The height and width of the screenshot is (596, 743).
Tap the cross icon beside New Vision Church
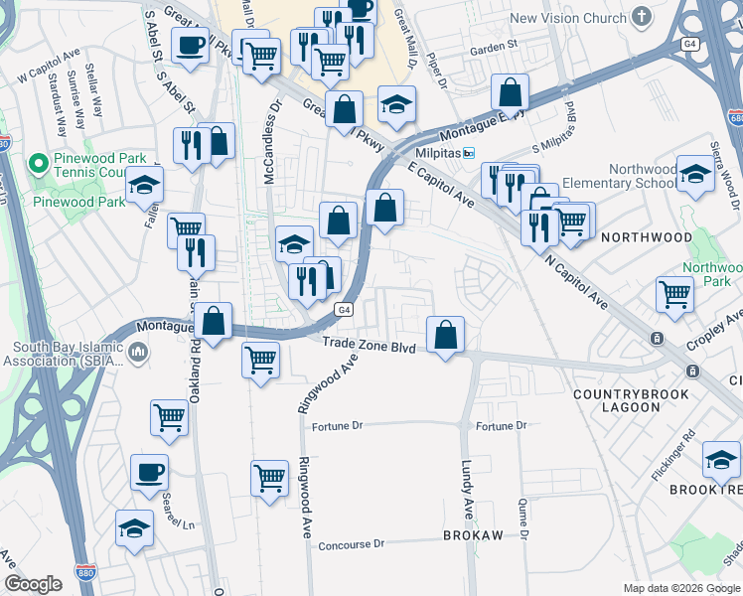pyautogui.click(x=641, y=16)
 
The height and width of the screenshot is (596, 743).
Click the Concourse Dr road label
pyautogui.click(x=351, y=544)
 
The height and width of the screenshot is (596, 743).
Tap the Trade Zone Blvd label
pyautogui.click(x=368, y=344)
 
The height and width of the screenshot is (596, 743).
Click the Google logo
pyautogui.click(x=33, y=584)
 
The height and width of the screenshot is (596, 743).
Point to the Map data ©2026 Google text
pyautogui.click(x=681, y=587)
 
